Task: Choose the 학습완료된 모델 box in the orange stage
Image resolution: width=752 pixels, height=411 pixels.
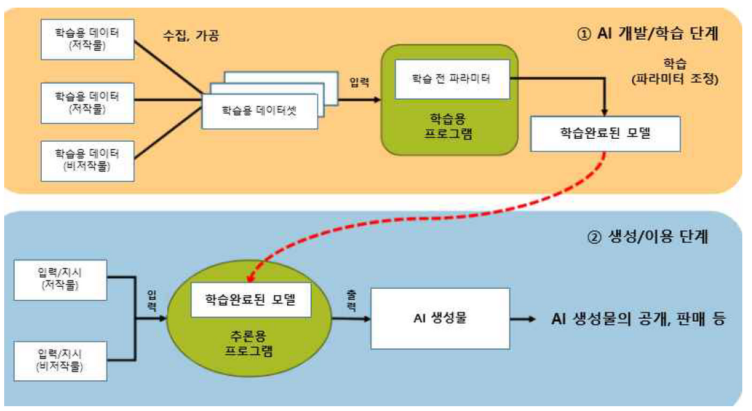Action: (605, 133)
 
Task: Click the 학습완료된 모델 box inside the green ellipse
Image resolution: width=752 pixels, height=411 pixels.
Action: (250, 300)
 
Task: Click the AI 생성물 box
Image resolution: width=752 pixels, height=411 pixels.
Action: (440, 320)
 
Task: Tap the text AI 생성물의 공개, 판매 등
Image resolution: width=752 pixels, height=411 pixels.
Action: (638, 320)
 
